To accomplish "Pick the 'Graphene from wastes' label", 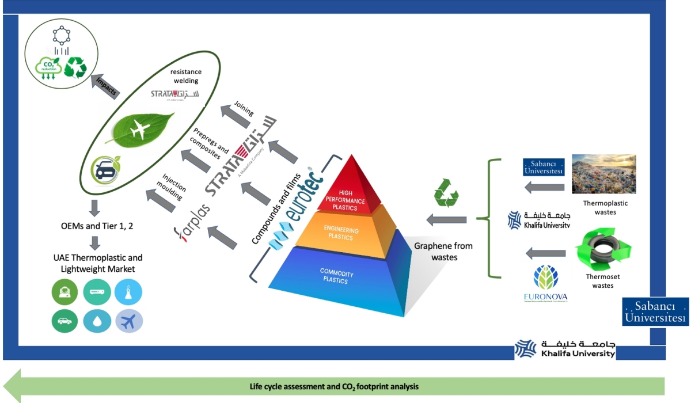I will (443, 252).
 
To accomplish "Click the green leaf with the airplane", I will (140, 128).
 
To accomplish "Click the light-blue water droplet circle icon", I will (97, 321).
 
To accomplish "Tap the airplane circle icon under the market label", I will (128, 321).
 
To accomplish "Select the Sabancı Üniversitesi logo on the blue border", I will (655, 312).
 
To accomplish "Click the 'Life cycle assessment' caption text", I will (334, 386).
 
